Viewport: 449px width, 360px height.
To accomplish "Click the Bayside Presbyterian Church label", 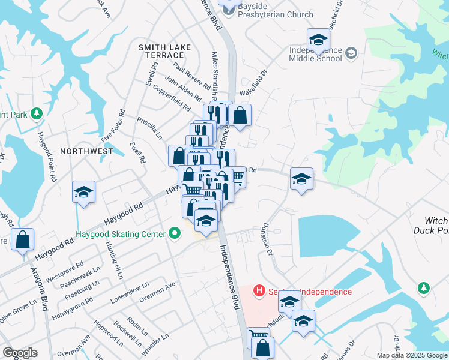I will pyautogui.click(x=275, y=10).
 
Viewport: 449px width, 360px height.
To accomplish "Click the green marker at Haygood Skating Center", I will pyautogui.click(x=175, y=233).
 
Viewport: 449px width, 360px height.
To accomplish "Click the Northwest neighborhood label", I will pyautogui.click(x=86, y=151).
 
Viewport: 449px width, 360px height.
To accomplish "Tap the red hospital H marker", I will pyautogui.click(x=259, y=291).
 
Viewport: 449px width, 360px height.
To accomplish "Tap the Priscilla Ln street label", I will pyautogui.click(x=149, y=127).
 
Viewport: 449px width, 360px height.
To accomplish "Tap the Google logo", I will pyautogui.click(x=19, y=353).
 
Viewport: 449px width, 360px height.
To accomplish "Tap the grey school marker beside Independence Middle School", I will pyautogui.click(x=351, y=53).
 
